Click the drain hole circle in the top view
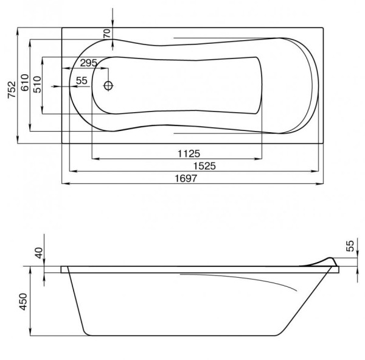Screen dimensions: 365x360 click(108, 86)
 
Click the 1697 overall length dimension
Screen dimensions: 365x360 click(186, 178)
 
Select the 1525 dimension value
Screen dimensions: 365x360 click(204, 166)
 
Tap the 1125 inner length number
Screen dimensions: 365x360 click(189, 154)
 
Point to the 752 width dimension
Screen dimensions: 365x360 click(12, 90)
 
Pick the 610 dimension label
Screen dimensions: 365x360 click(25, 83)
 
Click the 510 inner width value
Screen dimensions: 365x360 click(37, 85)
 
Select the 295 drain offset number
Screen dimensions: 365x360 click(89, 63)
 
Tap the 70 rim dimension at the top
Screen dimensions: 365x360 click(106, 34)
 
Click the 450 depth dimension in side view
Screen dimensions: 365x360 click(23, 302)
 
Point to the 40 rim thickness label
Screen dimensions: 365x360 click(39, 253)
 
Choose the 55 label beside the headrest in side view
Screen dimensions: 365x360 click(350, 246)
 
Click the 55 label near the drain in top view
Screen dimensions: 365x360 click(82, 80)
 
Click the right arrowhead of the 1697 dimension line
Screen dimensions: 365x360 click(319, 184)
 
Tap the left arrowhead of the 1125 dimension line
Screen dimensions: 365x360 click(96, 159)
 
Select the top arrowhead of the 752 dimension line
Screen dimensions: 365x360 click(18, 32)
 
